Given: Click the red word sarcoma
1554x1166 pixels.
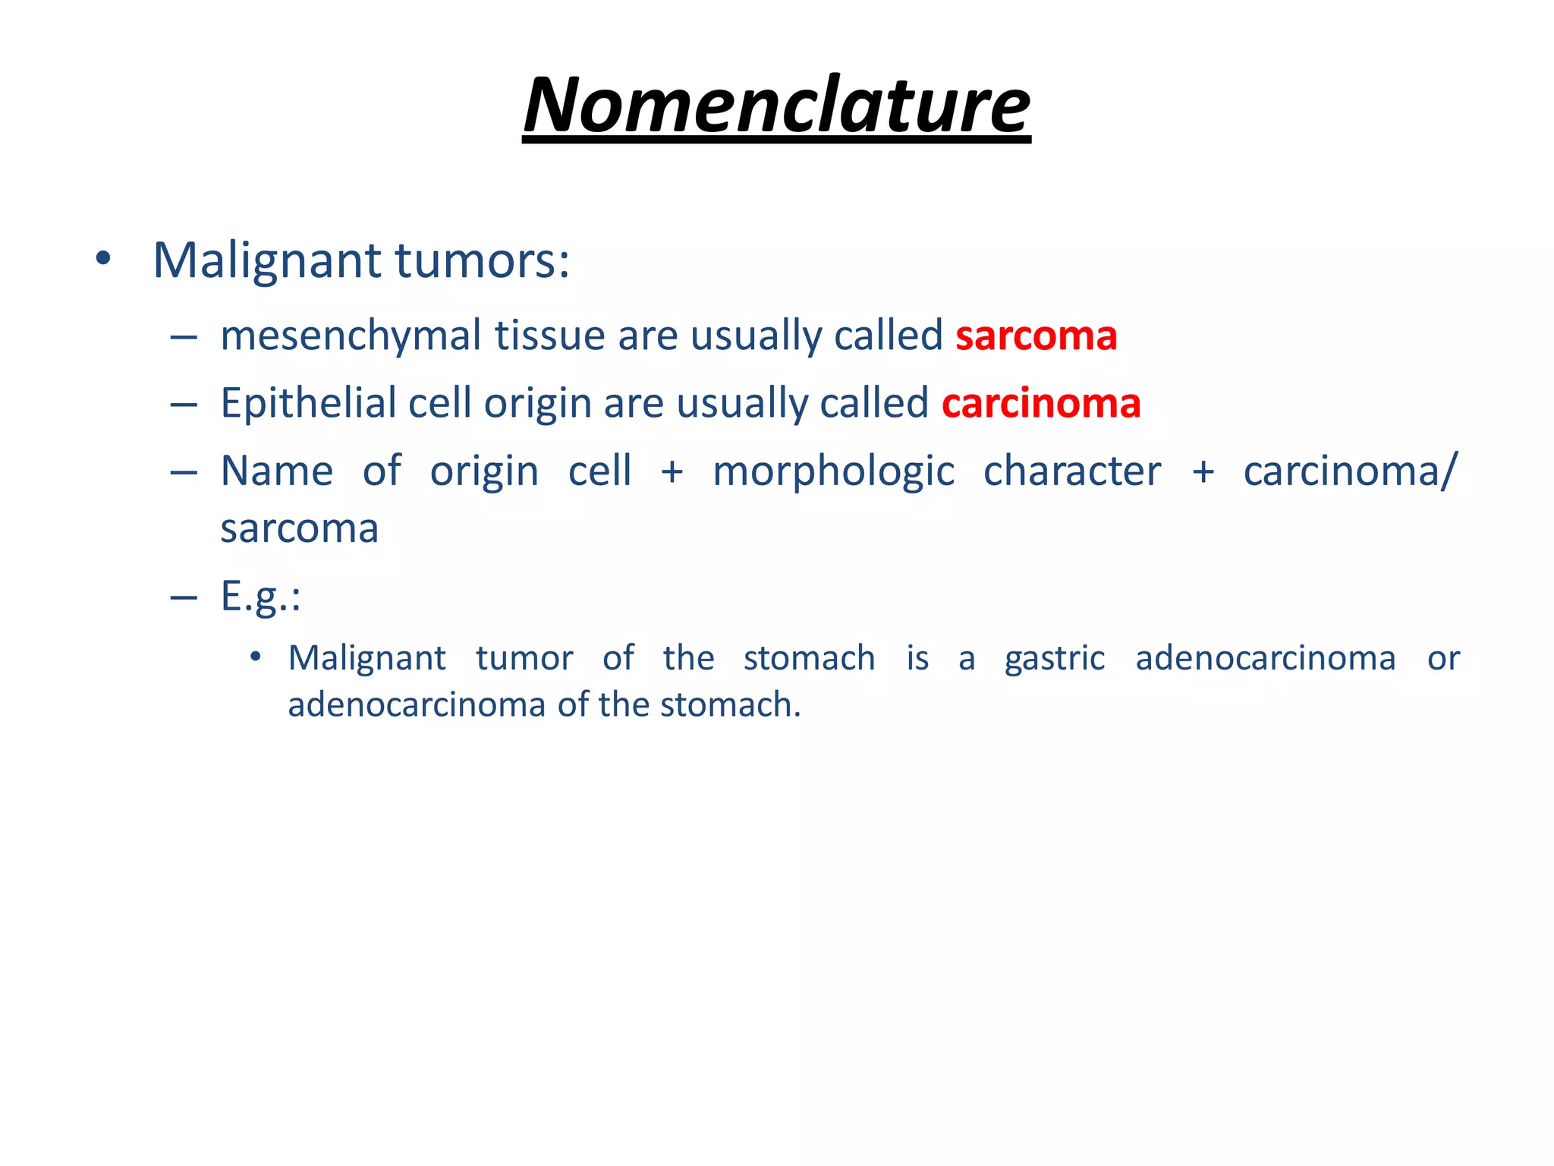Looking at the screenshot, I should pyautogui.click(x=1036, y=336).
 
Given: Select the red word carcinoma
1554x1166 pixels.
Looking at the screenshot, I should pyautogui.click(x=1041, y=403).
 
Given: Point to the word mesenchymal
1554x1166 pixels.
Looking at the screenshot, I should pyautogui.click(x=351, y=336).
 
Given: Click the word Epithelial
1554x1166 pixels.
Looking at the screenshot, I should pyautogui.click(x=307, y=403).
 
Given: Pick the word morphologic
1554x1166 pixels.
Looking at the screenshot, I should pyautogui.click(x=833, y=471).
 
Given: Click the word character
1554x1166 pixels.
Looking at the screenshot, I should pyautogui.click(x=1071, y=471).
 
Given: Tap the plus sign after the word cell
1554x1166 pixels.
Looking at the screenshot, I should pyautogui.click(x=672, y=472).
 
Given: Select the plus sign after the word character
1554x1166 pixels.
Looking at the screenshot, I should pyautogui.click(x=1203, y=472).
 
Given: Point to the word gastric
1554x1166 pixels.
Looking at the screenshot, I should pyautogui.click(x=1054, y=658).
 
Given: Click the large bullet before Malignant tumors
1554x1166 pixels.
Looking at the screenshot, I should pyautogui.click(x=103, y=260).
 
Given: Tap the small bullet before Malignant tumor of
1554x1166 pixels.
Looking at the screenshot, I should pyautogui.click(x=256, y=657).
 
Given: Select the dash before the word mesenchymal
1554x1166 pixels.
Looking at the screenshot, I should pyautogui.click(x=184, y=337).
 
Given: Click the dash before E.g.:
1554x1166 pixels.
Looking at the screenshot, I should pyautogui.click(x=184, y=598).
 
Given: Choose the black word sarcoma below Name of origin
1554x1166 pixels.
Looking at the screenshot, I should pyautogui.click(x=299, y=529).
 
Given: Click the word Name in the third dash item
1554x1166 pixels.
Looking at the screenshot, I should pyautogui.click(x=276, y=471).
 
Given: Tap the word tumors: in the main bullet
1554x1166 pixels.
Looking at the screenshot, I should pyautogui.click(x=482, y=260).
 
